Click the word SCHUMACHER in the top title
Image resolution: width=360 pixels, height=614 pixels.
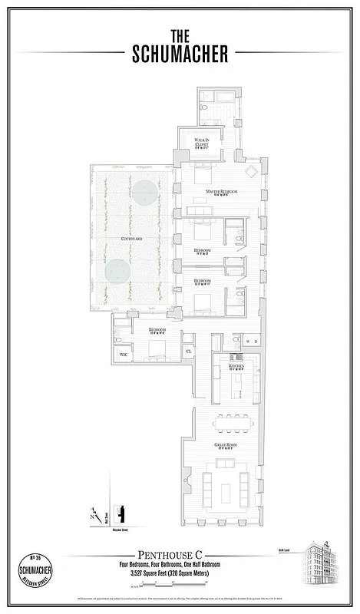[180, 53]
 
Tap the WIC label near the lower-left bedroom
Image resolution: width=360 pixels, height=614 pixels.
[123, 355]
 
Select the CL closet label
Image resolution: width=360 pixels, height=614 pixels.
[189, 352]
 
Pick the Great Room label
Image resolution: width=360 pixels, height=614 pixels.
[224, 447]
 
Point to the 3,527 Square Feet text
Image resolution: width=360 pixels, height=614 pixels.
[180, 573]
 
